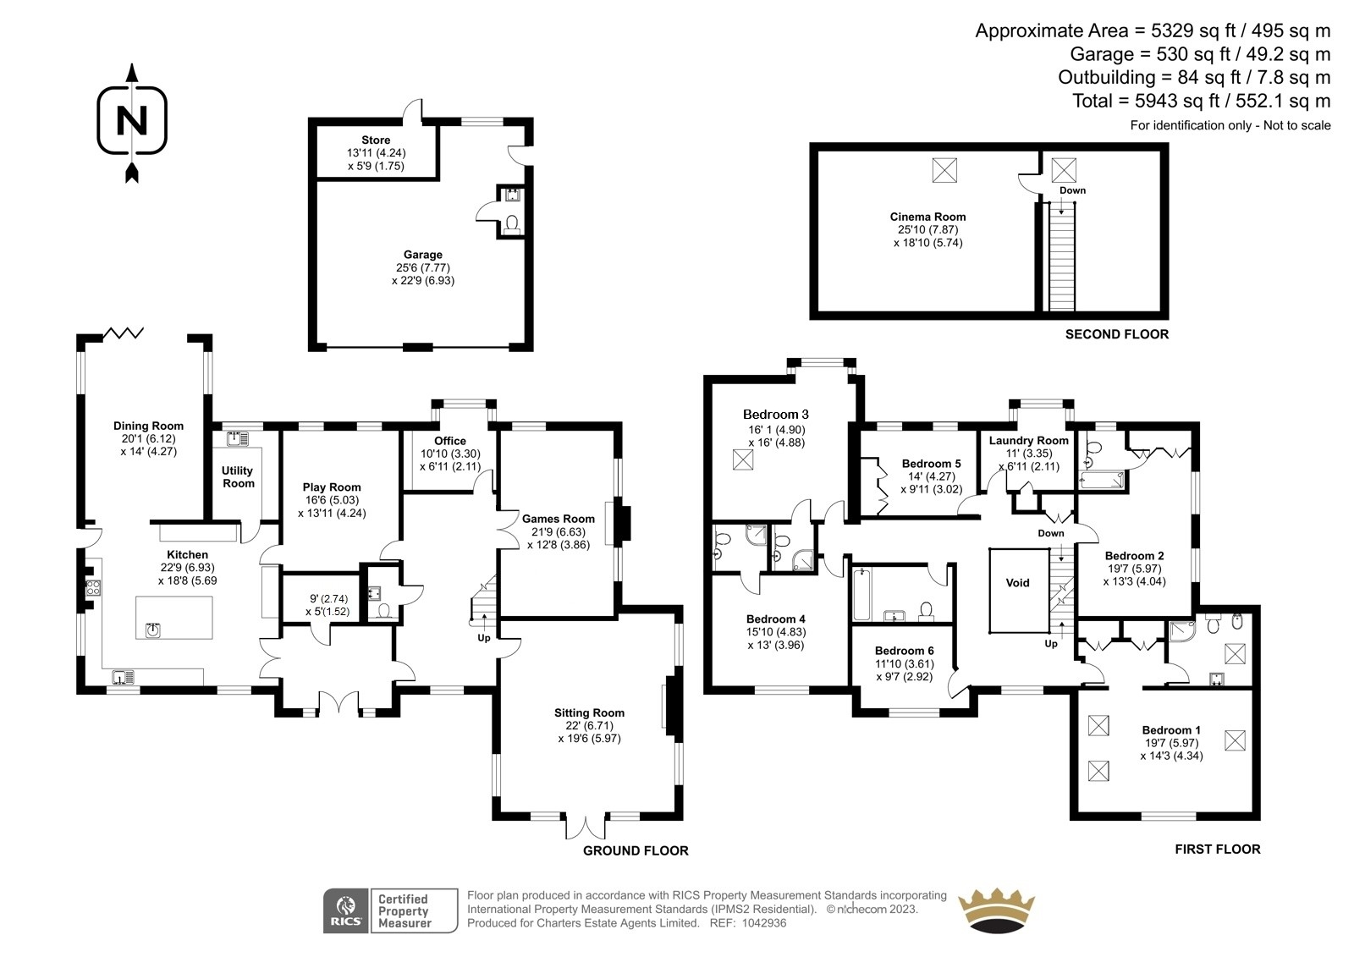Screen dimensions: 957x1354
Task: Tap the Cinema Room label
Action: point(927,217)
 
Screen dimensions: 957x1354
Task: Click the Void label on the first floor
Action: point(1017,582)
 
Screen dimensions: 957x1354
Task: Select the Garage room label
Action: point(422,255)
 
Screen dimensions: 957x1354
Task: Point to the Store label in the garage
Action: point(376,140)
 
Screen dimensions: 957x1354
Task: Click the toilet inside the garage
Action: point(511,224)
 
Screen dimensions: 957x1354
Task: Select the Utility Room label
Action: point(238,476)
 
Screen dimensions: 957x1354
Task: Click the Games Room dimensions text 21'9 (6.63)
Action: point(559,531)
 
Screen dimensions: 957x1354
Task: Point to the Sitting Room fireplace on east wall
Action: point(672,704)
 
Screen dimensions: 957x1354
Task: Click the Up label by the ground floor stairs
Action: point(484,637)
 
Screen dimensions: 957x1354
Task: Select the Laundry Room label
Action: point(1028,440)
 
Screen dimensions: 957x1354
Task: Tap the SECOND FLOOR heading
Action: point(1116,334)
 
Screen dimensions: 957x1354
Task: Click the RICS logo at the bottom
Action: point(345,910)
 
